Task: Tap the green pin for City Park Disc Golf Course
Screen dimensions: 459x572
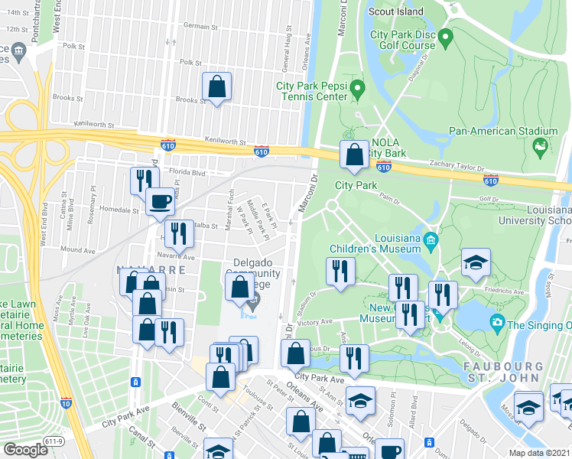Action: [x=446, y=35]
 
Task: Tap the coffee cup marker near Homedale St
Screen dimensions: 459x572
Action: [x=160, y=201]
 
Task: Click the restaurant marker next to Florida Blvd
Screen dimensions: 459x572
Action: [x=141, y=181]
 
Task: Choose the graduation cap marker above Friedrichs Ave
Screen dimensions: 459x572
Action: [x=476, y=262]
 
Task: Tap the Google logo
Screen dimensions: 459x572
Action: [x=25, y=450]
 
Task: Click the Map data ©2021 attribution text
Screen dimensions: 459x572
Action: [x=539, y=453]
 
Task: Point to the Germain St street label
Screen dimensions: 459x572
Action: [x=201, y=27]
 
